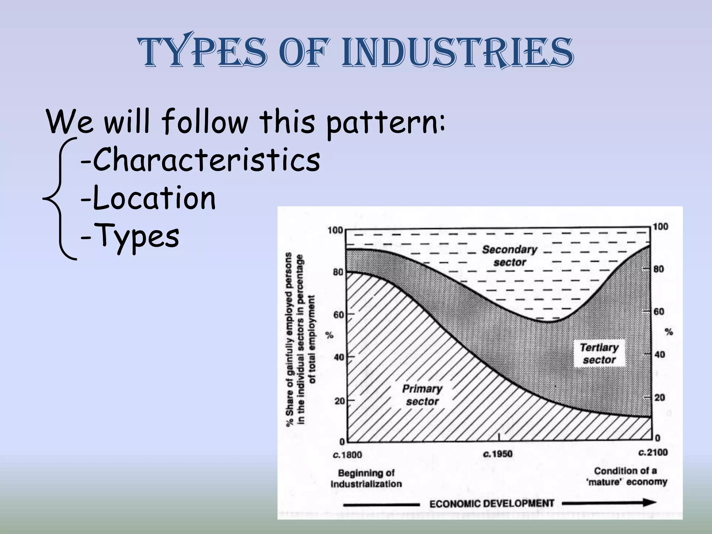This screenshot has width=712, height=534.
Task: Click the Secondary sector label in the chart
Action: tap(509, 256)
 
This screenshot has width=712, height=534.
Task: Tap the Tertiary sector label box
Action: tap(599, 353)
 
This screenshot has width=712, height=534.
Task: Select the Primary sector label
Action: tap(422, 395)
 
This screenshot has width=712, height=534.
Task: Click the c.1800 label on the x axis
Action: tap(347, 455)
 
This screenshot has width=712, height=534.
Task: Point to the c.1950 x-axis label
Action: tap(498, 454)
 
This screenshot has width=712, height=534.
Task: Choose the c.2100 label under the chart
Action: tap(653, 453)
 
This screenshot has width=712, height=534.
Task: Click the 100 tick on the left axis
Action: tap(335, 230)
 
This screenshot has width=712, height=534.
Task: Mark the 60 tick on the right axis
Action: tap(658, 311)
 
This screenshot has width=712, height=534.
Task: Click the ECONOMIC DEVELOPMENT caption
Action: tap(492, 504)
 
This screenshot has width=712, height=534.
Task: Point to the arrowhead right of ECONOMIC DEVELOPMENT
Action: tap(649, 502)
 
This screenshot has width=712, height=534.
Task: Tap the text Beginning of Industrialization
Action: tap(366, 478)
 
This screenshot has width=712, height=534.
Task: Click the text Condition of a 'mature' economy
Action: tap(627, 476)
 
